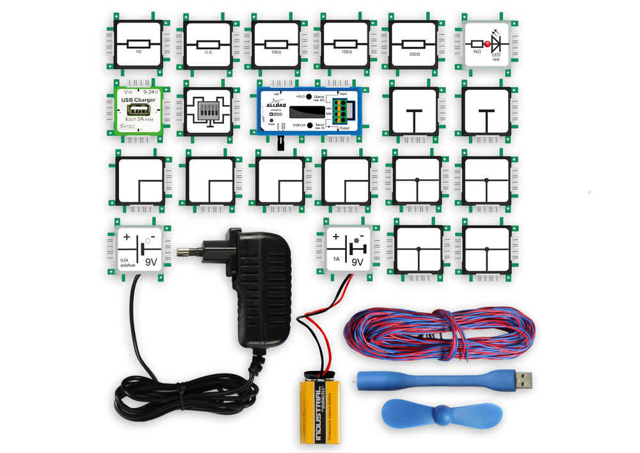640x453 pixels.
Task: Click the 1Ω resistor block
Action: tap(138, 44)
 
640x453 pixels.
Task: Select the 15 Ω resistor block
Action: tap(207, 44)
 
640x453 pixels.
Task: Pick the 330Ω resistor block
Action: tap(413, 44)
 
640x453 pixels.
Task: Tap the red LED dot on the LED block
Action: tap(487, 44)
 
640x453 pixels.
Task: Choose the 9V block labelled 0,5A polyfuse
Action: tap(140, 249)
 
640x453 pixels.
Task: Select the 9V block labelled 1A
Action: tap(346, 249)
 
